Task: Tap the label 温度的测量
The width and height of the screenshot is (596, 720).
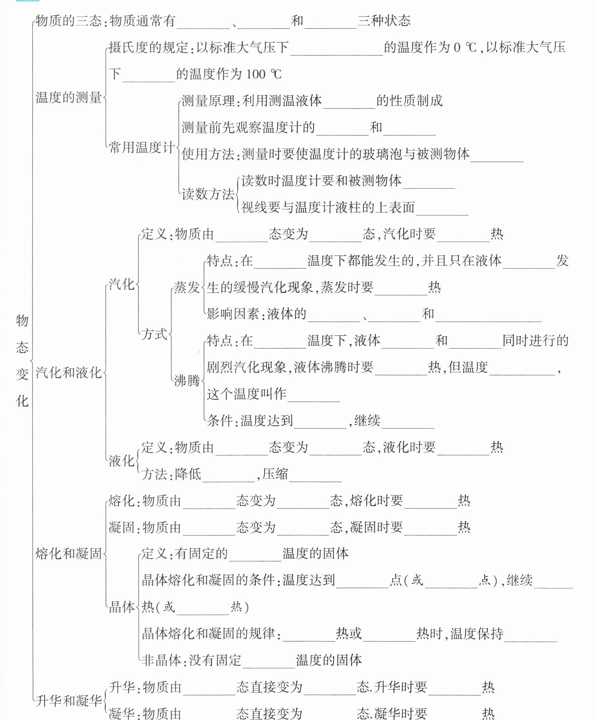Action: [69, 98]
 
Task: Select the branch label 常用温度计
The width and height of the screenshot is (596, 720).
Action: [142, 147]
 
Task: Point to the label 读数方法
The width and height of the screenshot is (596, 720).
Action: [208, 194]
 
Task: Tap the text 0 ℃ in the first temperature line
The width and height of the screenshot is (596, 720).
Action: [465, 48]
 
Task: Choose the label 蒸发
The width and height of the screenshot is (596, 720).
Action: [186, 287]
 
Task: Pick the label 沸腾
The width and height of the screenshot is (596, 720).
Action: [186, 380]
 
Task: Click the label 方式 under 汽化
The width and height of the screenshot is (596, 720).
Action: [154, 334]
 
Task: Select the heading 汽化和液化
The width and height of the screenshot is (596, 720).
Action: [69, 373]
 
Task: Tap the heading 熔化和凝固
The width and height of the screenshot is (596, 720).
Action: [69, 553]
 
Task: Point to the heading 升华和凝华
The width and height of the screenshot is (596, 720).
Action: [69, 701]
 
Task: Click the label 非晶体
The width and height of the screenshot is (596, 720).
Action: [161, 660]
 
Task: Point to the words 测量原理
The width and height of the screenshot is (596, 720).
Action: [208, 101]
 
